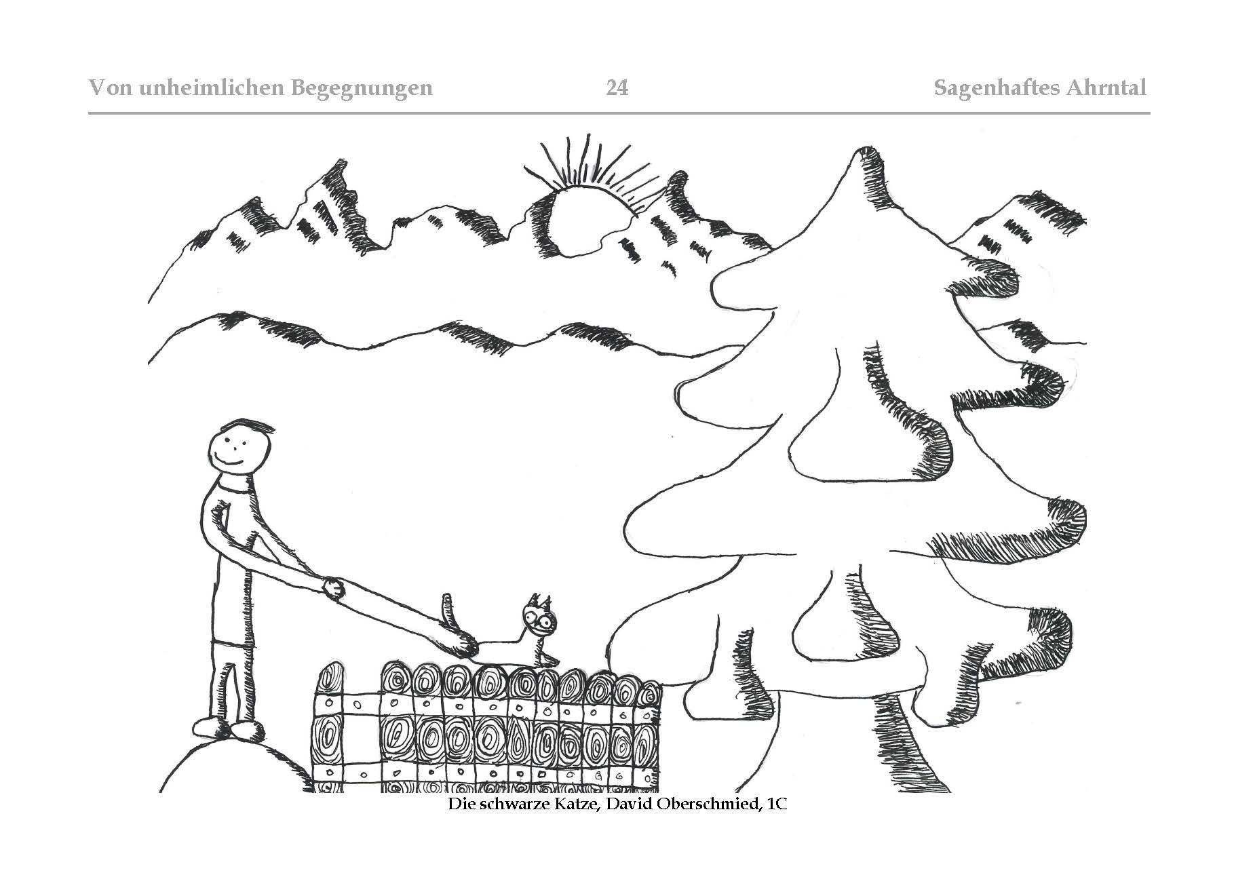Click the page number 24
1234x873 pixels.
click(617, 88)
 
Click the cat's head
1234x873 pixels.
click(537, 617)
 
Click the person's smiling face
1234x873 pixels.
click(234, 452)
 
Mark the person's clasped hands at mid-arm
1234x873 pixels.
click(334, 587)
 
